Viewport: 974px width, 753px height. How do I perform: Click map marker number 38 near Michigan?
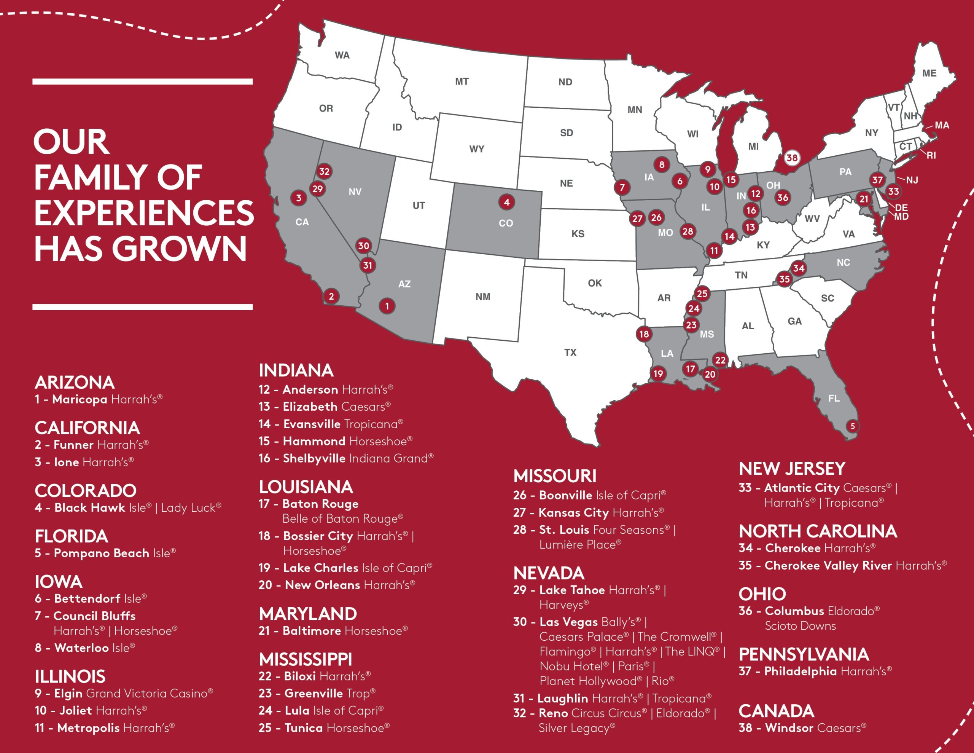tap(792, 158)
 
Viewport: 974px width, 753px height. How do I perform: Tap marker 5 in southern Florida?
tap(852, 426)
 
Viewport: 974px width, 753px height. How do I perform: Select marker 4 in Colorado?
tap(507, 202)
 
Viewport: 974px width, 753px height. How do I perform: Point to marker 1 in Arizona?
tap(387, 306)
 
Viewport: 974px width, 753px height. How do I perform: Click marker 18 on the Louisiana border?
tap(643, 334)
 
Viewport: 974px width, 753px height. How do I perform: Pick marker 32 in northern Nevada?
tap(324, 171)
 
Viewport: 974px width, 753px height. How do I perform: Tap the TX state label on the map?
tap(570, 353)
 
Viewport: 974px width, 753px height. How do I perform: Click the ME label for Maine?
tap(929, 73)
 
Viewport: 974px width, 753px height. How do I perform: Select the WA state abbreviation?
tap(342, 55)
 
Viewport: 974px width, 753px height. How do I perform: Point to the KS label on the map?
tap(578, 234)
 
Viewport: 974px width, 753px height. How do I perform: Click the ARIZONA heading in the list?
tap(75, 383)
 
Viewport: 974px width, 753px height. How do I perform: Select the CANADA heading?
tap(776, 711)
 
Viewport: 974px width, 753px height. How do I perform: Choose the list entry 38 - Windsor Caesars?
tap(802, 728)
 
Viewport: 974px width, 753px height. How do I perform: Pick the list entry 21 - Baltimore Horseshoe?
tap(333, 631)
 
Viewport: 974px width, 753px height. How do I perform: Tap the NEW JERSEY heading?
tap(792, 469)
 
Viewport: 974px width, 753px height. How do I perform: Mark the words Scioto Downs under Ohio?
tap(800, 626)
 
